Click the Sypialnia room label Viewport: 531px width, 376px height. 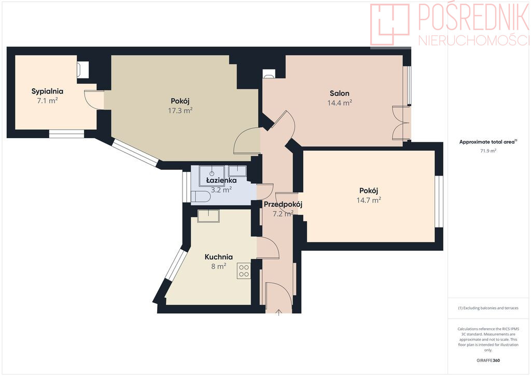click(x=47, y=91)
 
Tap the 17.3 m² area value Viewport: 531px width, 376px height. click(x=180, y=111)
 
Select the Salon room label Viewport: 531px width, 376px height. click(x=339, y=93)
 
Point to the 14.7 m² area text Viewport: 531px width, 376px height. click(x=369, y=200)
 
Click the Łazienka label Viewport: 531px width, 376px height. click(x=221, y=180)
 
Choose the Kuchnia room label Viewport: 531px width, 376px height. click(x=218, y=257)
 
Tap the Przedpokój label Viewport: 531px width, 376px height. click(x=283, y=205)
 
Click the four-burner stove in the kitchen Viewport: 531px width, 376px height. click(x=244, y=271)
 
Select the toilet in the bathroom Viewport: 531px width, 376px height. click(x=201, y=197)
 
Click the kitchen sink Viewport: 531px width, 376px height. click(x=208, y=216)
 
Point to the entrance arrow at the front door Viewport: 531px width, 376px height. click(x=278, y=312)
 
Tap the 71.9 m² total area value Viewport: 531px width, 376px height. click(x=488, y=151)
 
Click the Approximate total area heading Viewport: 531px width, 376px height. click(x=488, y=142)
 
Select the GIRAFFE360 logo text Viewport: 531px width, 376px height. click(x=488, y=360)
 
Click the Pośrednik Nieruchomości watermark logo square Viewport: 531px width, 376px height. click(x=390, y=24)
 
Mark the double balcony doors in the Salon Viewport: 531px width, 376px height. click(x=401, y=123)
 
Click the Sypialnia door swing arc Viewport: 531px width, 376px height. click(x=91, y=100)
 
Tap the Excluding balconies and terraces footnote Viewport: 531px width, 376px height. click(x=488, y=308)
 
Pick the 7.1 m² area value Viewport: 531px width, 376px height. click(x=47, y=101)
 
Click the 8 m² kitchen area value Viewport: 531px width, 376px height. click(x=218, y=266)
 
